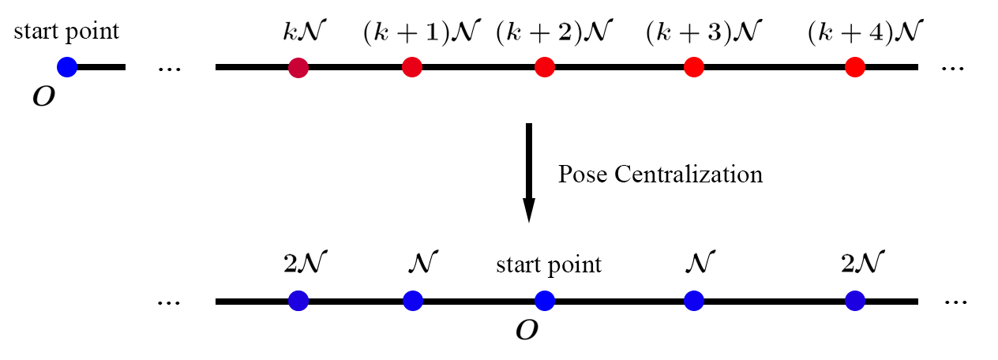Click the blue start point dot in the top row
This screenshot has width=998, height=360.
pyautogui.click(x=67, y=68)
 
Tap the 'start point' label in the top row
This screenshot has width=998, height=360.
pyautogui.click(x=66, y=32)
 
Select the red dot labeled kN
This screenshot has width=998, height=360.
pyautogui.click(x=298, y=68)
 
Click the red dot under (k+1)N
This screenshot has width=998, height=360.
pyautogui.click(x=411, y=68)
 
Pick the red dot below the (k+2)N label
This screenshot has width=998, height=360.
pyautogui.click(x=543, y=68)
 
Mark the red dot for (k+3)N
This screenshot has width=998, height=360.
pyautogui.click(x=694, y=68)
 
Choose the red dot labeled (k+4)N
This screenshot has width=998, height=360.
pyautogui.click(x=854, y=68)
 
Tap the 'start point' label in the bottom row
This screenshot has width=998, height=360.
pyautogui.click(x=548, y=264)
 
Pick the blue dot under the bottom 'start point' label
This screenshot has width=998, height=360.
pyautogui.click(x=543, y=301)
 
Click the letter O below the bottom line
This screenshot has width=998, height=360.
pyautogui.click(x=527, y=331)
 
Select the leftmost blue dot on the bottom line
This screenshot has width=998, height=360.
pyautogui.click(x=298, y=301)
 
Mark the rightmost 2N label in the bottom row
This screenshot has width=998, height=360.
pyautogui.click(x=864, y=262)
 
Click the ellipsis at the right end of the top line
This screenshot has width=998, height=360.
pyautogui.click(x=953, y=69)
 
